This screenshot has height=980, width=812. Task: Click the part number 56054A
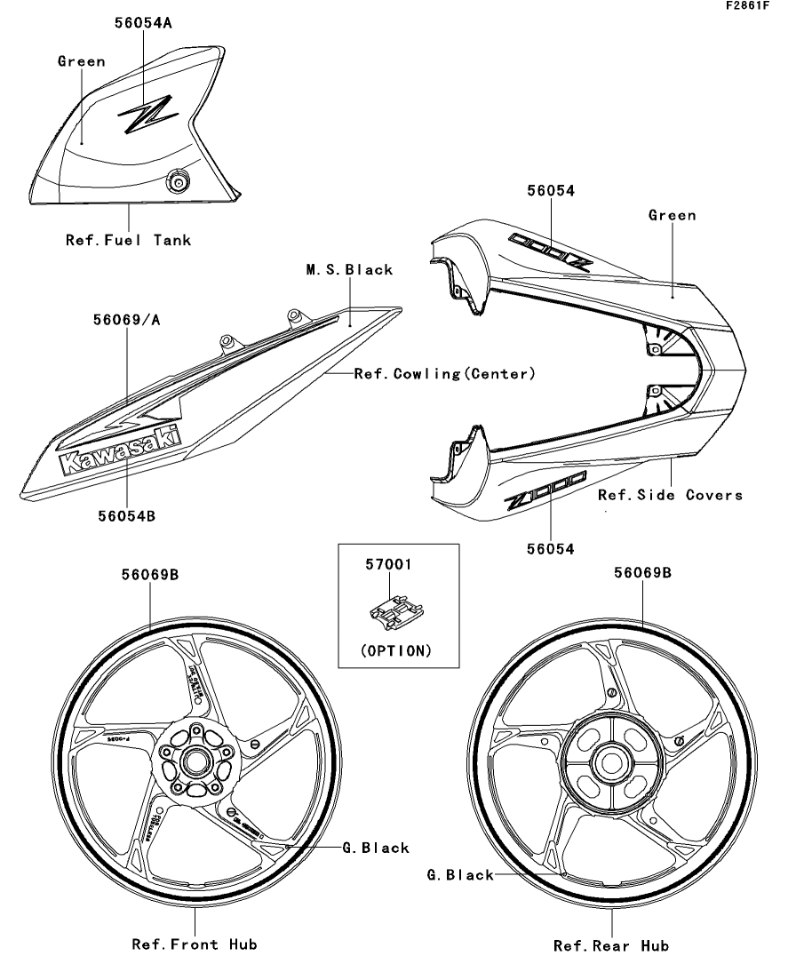142,24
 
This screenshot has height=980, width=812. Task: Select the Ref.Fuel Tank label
128,239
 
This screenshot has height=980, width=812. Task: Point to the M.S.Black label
349,269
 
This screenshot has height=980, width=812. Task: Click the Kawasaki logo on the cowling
119,450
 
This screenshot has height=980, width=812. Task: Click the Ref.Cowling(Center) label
444,374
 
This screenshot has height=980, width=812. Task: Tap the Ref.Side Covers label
670,495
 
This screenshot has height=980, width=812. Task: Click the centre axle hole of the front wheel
195,761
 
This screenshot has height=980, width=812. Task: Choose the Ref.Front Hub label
195,944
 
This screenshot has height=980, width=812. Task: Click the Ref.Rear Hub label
611,945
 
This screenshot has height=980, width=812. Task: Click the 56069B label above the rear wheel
641,573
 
